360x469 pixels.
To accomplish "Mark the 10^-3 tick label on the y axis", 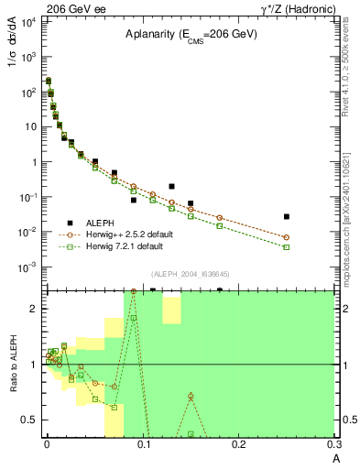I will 28,267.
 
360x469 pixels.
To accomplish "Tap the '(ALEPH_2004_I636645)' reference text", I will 190,275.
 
